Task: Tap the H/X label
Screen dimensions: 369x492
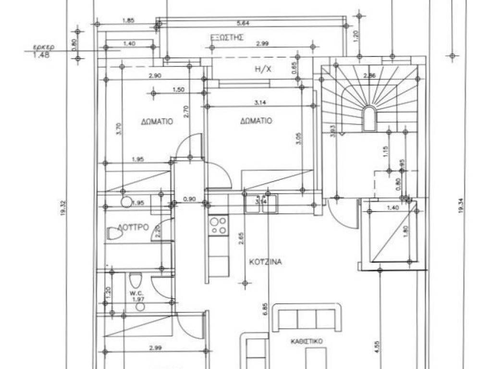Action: point(263,69)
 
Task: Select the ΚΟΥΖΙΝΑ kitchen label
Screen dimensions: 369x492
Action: point(265,262)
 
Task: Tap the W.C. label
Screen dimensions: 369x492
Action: point(134,292)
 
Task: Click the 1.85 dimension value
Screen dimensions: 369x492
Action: point(128,21)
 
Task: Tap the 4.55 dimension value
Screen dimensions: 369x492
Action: point(378,345)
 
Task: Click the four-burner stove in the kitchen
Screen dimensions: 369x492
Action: point(219,225)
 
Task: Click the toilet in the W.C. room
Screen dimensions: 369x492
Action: point(136,280)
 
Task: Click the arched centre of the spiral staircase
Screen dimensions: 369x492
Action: point(369,118)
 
